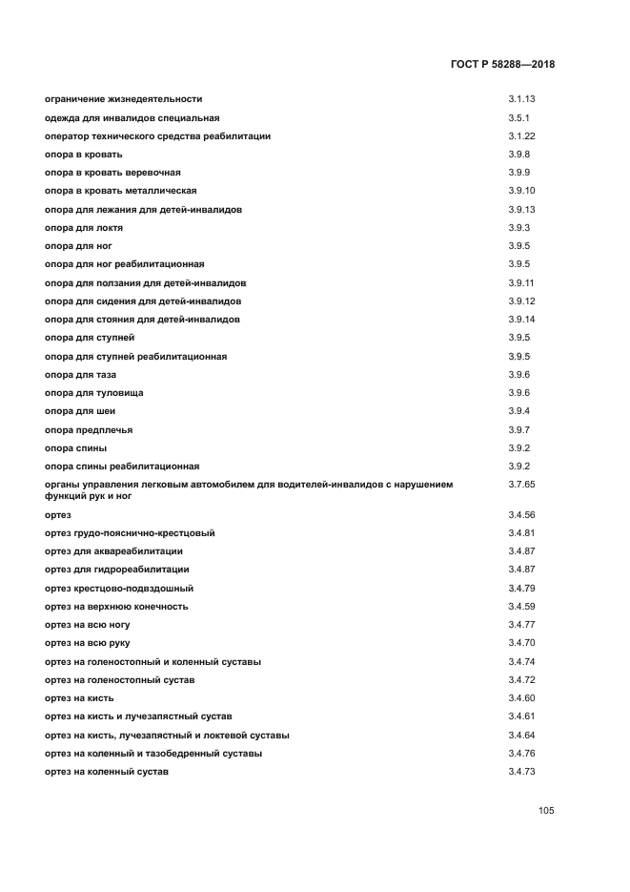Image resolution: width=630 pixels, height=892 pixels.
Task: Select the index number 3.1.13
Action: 522,99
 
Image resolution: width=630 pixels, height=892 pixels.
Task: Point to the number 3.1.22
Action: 522,136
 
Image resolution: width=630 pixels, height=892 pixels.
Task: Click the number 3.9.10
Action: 522,191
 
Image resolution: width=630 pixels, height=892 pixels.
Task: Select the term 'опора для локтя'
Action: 84,228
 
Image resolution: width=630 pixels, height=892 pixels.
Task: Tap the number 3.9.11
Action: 522,283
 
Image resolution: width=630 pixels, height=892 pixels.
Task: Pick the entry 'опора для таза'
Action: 80,375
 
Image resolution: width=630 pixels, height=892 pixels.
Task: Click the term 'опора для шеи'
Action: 79,411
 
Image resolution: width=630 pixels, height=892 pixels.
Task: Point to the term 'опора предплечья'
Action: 89,430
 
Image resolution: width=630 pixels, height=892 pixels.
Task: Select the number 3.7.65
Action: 522,485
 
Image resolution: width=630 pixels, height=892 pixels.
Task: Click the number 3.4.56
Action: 522,515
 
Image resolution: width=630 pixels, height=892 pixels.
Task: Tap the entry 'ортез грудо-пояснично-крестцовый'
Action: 130,532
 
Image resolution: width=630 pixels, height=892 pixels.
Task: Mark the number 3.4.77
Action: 522,625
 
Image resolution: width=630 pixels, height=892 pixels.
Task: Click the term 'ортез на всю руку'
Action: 89,643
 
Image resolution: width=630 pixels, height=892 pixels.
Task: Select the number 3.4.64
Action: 522,736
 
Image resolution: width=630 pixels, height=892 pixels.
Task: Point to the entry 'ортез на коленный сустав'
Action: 107,772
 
